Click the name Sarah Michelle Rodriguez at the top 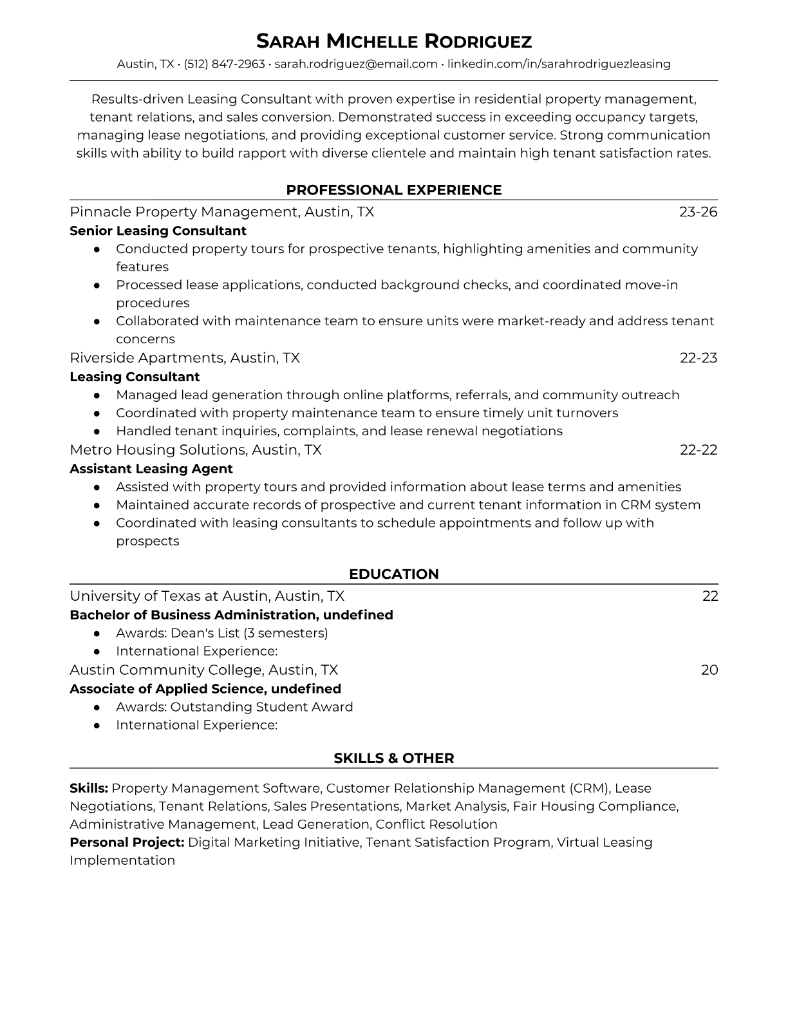(x=393, y=41)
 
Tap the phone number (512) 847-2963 (x=224, y=64)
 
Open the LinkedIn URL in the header (x=559, y=64)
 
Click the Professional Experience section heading (x=393, y=190)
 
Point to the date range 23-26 (x=698, y=212)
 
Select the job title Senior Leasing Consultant (x=158, y=231)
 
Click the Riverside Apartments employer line (x=185, y=358)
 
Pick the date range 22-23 (x=699, y=358)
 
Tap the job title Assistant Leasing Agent (x=151, y=469)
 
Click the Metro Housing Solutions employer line (x=196, y=450)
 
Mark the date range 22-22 (x=699, y=450)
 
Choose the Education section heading (x=393, y=574)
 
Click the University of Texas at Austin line (x=207, y=596)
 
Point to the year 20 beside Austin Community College (x=709, y=670)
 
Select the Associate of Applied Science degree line (x=205, y=689)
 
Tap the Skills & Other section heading (x=393, y=759)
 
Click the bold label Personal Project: (x=127, y=842)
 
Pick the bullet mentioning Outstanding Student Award (x=234, y=707)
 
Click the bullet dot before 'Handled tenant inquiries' (x=97, y=431)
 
